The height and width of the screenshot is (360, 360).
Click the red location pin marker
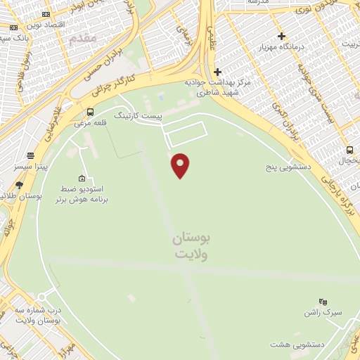181,165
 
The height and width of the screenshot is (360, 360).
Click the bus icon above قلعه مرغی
90,112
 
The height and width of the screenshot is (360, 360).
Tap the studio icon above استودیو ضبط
82,178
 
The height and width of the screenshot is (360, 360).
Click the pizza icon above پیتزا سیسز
31,156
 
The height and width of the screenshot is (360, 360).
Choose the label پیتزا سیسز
30,167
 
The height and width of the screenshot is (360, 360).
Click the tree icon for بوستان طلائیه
19,185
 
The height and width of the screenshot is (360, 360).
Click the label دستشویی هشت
295,345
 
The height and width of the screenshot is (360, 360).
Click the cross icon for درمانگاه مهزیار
281,36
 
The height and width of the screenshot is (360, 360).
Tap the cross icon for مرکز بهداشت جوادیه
218,72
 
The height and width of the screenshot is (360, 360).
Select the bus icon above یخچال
349,150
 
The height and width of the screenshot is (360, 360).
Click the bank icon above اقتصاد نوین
46,14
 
